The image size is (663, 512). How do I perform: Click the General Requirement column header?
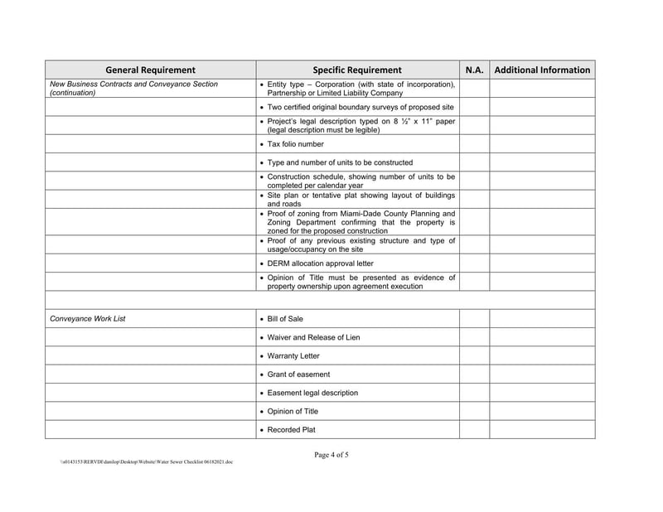click(150, 70)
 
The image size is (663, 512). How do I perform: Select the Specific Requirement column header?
click(356, 70)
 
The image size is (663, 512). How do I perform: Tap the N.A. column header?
click(474, 70)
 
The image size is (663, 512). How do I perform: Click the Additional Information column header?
click(542, 70)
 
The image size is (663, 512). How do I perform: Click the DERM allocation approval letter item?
click(314, 263)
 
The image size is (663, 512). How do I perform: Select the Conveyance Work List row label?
click(88, 319)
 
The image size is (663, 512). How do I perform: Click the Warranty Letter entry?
click(293, 356)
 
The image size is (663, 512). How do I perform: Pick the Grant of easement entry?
click(298, 374)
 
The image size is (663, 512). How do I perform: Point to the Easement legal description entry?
click(312, 393)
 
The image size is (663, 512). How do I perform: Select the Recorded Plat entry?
click(291, 430)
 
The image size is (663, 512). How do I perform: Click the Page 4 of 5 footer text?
click(331, 454)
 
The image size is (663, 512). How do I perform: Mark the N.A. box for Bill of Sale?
click(474, 319)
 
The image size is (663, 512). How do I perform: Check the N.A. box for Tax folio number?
click(474, 144)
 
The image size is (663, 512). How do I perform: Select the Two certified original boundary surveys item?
click(360, 108)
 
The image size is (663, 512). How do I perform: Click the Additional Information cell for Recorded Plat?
click(542, 430)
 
